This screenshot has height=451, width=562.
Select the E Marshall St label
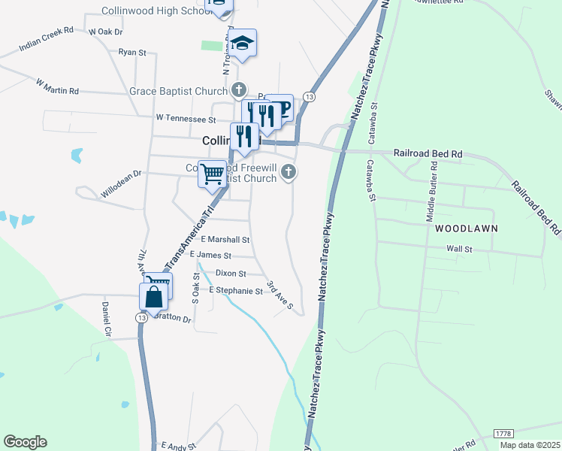(225, 240)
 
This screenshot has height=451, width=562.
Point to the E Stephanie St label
(236, 291)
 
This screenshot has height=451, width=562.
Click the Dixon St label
(231, 274)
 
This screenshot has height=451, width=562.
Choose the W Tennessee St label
(186, 119)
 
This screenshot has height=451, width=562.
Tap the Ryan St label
(132, 53)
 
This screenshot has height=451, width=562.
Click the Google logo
(25, 442)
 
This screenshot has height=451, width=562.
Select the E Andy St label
(178, 446)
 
